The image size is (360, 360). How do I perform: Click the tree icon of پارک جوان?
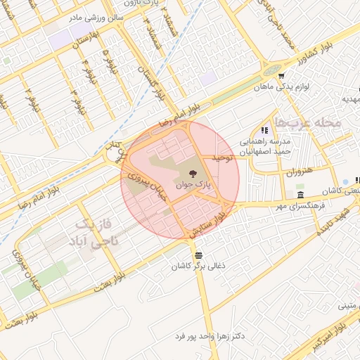(x=193, y=173)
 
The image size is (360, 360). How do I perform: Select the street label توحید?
(x=221, y=158)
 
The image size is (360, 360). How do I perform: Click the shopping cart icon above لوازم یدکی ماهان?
(x=281, y=76)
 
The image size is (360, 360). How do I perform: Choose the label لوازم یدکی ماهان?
(x=301, y=86)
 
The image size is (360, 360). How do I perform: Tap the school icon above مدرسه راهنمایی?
(x=264, y=130)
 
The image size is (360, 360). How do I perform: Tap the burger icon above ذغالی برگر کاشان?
(x=199, y=255)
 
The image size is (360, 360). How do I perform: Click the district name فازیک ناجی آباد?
(x=94, y=233)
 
